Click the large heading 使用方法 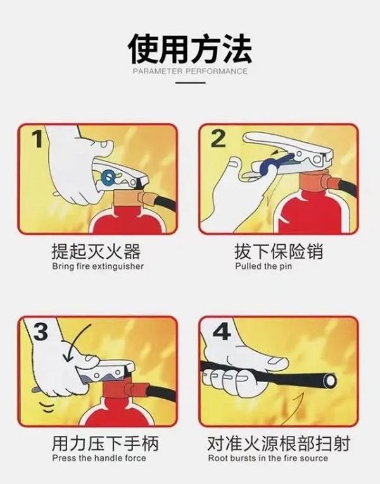pyautogui.click(x=190, y=49)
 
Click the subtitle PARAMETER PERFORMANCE pyautogui.click(x=190, y=71)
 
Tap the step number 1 pyautogui.click(x=38, y=139)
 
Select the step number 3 pyautogui.click(x=41, y=331)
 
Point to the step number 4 pyautogui.click(x=222, y=331)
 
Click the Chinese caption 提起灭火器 pyautogui.click(x=96, y=252)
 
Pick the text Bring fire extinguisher pyautogui.click(x=98, y=266)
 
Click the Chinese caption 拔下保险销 pyautogui.click(x=279, y=252)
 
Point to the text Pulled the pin pyautogui.click(x=263, y=266)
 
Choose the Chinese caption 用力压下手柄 pyautogui.click(x=105, y=444)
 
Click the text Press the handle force pyautogui.click(x=99, y=458)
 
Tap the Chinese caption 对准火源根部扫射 pyautogui.click(x=279, y=444)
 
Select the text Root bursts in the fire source pyautogui.click(x=268, y=458)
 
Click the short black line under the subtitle pyautogui.click(x=190, y=83)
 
